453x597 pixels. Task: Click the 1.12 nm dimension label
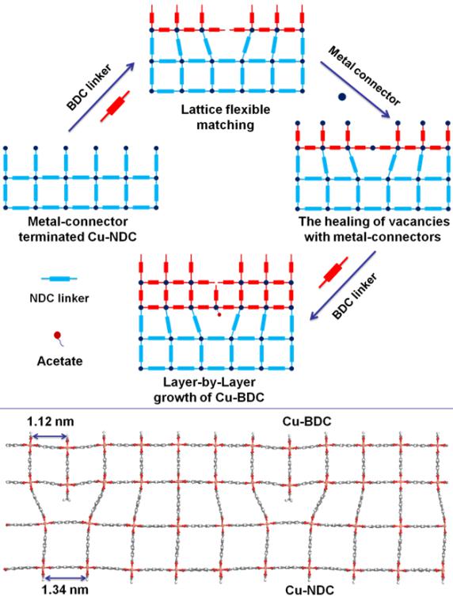[x=50, y=421]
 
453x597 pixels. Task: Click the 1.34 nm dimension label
[x=65, y=590]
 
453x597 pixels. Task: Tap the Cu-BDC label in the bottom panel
[x=306, y=421]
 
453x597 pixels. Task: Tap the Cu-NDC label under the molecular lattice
[x=310, y=590]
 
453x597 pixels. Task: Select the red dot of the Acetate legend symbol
[x=57, y=336]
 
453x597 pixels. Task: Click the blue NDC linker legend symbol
[x=59, y=279]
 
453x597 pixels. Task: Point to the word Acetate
[x=59, y=360]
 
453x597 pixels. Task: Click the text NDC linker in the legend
[x=59, y=298]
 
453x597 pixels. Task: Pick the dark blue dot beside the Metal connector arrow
[x=342, y=97]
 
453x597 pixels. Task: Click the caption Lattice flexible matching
[x=226, y=117]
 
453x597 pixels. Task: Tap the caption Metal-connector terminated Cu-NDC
[x=78, y=229]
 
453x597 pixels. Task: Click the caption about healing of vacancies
[x=374, y=229]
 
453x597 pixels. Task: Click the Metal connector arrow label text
[x=364, y=76]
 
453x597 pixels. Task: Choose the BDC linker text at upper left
[x=89, y=87]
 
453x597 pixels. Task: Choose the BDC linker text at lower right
[x=355, y=296]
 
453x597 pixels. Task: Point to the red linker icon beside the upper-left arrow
[x=115, y=106]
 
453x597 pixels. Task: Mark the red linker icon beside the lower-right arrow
[x=333, y=272]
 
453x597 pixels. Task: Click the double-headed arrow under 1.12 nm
[x=49, y=436]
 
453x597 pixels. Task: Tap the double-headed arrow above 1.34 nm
[x=65, y=577]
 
